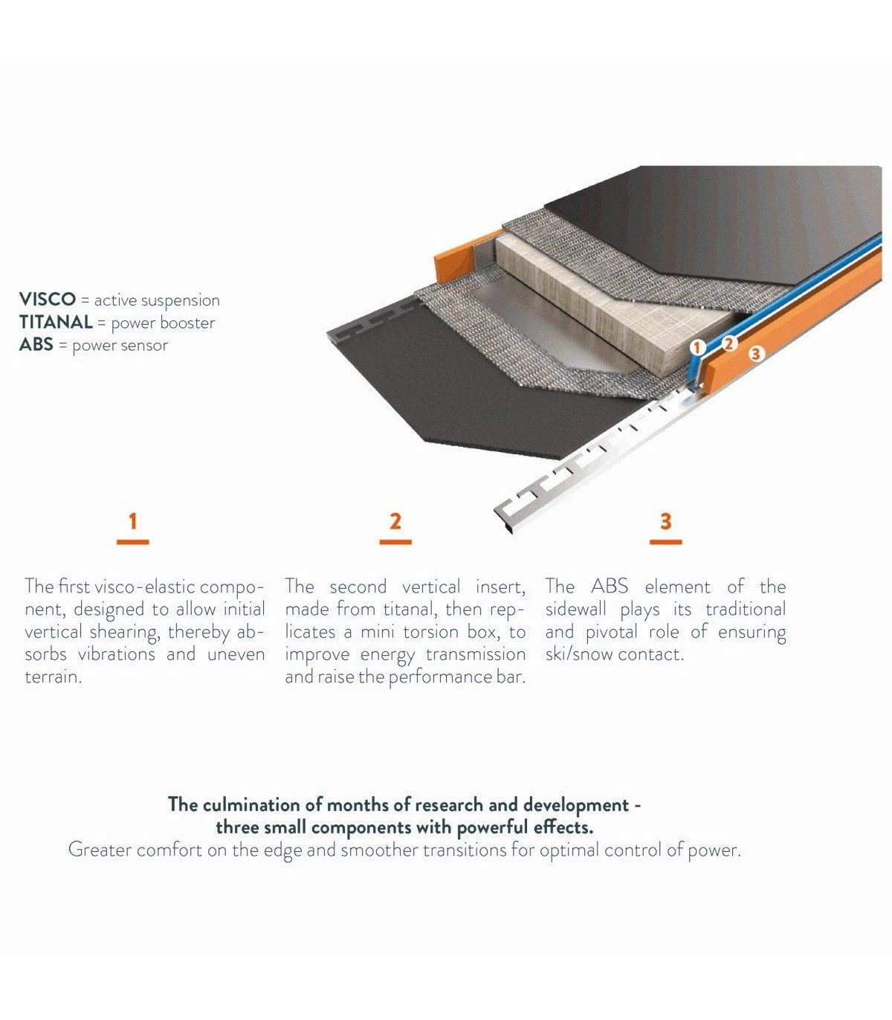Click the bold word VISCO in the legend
tap(48, 299)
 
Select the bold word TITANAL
tap(56, 322)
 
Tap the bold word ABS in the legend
tap(36, 344)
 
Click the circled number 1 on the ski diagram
tap(697, 347)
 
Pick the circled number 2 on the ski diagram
tap(729, 343)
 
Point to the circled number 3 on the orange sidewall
tap(755, 353)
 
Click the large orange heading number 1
tap(132, 521)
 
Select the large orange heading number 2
tap(395, 521)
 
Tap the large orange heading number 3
tap(666, 521)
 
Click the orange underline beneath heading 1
tap(132, 541)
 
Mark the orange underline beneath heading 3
tap(666, 541)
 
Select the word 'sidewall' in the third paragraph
tap(575, 609)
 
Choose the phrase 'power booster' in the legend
tap(163, 323)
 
